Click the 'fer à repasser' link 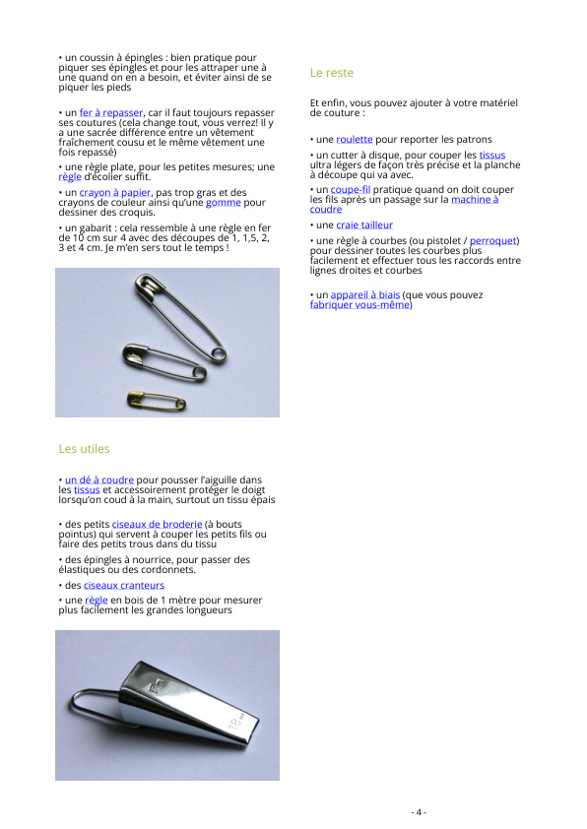click(111, 112)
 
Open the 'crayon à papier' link click(115, 192)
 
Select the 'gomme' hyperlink click(224, 203)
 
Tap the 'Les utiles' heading click(84, 449)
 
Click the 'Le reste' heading click(332, 73)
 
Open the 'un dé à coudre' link click(98, 480)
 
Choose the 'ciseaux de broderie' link click(157, 524)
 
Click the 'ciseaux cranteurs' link click(124, 585)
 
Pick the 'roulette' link click(355, 140)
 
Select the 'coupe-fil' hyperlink click(351, 189)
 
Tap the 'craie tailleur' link click(364, 225)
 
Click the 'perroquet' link click(492, 240)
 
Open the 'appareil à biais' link click(364, 295)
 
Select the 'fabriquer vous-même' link click(359, 305)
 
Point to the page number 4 click(418, 812)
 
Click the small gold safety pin click(157, 401)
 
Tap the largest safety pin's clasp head click(149, 287)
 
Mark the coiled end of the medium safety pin click(199, 373)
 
